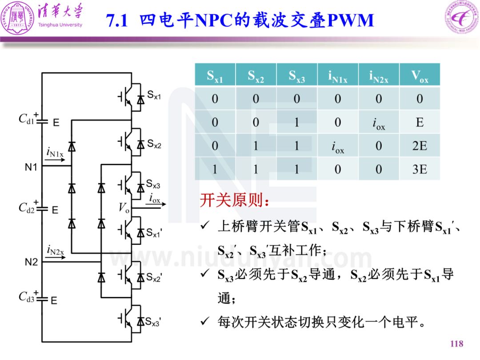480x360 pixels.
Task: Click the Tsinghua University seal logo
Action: tap(17, 18)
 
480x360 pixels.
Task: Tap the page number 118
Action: tap(457, 344)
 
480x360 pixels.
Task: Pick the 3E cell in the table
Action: tap(420, 169)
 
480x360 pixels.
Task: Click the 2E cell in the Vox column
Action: tap(420, 146)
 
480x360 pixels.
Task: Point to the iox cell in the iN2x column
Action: tap(379, 124)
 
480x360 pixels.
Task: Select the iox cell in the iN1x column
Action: tap(338, 147)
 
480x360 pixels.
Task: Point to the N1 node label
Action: tap(31, 167)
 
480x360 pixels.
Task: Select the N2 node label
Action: tap(31, 262)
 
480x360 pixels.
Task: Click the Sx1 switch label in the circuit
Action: tap(154, 95)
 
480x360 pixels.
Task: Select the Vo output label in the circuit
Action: tap(124, 208)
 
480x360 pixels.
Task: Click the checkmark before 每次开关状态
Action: tap(205, 321)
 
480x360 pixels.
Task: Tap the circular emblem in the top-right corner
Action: tap(462, 17)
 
